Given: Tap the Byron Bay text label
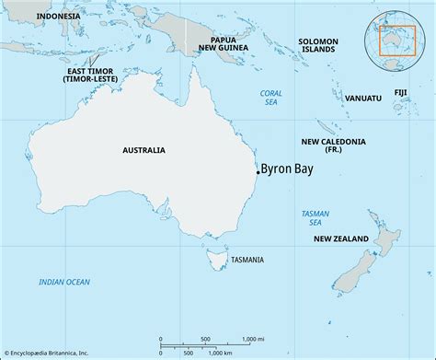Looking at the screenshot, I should [288, 169].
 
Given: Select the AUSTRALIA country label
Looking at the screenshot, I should [143, 149].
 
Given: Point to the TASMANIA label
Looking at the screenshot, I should [252, 259].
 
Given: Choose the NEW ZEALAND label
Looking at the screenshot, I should [342, 239].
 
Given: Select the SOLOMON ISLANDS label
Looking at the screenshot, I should [317, 46].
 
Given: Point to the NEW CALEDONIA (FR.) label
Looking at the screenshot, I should [334, 145].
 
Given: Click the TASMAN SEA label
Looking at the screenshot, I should [316, 218].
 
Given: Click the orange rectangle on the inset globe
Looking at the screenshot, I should [397, 49].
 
